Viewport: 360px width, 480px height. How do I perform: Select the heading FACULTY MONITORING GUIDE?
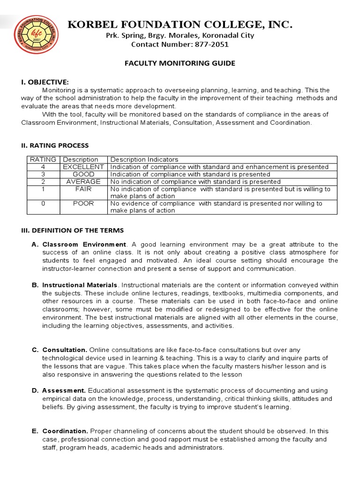click(180, 63)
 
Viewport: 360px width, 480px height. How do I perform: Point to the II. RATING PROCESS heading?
click(55, 145)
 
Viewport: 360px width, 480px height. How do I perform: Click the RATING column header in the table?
click(43, 159)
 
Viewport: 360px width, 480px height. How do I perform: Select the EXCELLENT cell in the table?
click(83, 167)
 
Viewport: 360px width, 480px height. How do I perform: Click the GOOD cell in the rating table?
click(83, 174)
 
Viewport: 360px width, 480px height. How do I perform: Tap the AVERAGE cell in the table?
click(83, 181)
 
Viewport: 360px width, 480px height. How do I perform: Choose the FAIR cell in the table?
click(83, 189)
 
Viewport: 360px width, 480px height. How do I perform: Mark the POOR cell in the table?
click(83, 203)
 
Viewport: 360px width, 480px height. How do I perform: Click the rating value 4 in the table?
click(43, 167)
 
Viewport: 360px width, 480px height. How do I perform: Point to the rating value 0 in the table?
click(43, 203)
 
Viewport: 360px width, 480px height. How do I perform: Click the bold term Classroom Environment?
click(84, 244)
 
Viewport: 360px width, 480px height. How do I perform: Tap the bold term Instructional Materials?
click(80, 285)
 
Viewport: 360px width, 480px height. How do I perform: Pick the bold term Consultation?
click(65, 350)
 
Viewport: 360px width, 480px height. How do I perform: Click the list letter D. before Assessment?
click(35, 390)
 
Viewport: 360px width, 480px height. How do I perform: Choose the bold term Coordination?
click(65, 431)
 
